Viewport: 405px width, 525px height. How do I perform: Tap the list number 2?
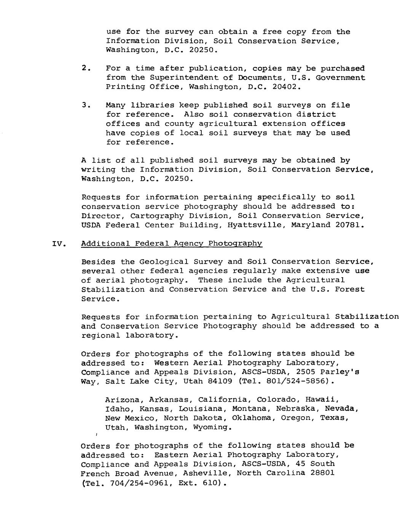[86, 68]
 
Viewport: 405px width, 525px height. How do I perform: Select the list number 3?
[86, 105]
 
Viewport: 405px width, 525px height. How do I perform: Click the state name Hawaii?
[323, 400]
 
